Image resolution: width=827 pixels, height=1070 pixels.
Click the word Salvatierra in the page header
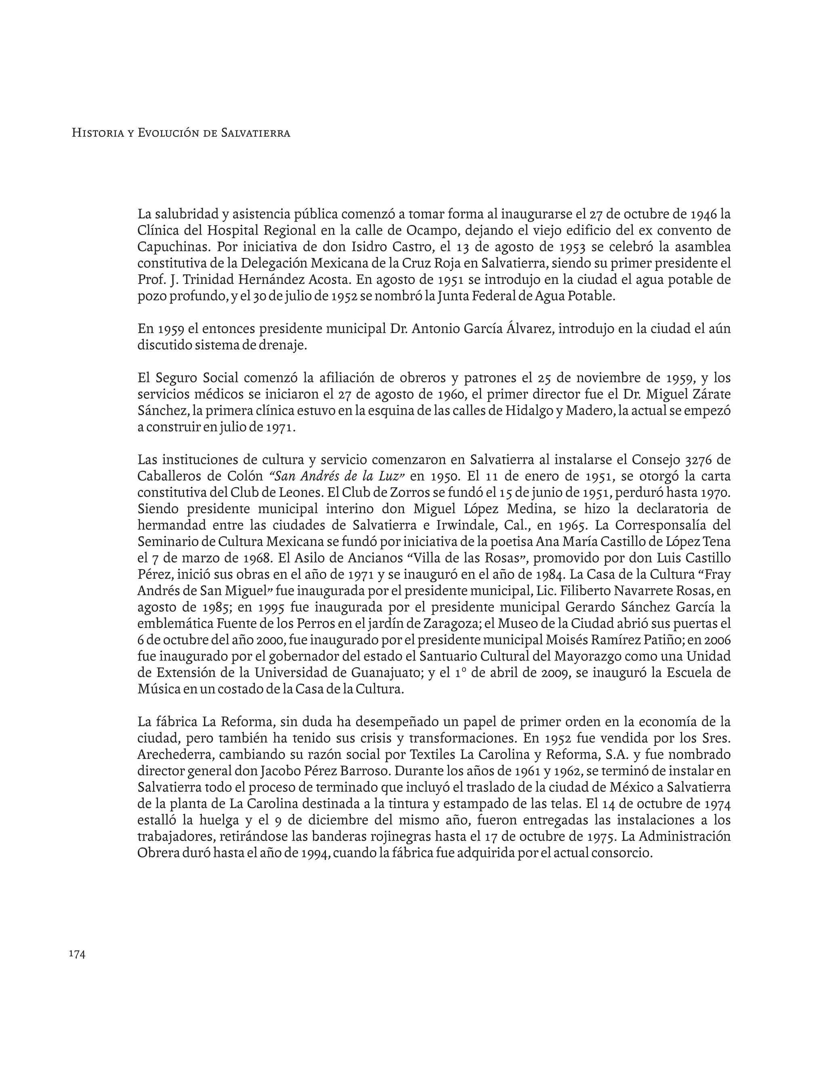click(x=256, y=133)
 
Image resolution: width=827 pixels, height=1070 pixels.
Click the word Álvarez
click(x=528, y=329)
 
